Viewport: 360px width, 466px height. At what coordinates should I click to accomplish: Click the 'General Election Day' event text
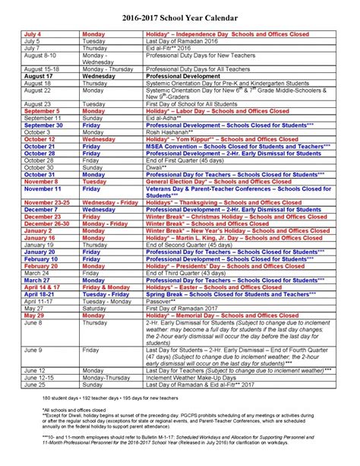click(216, 182)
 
